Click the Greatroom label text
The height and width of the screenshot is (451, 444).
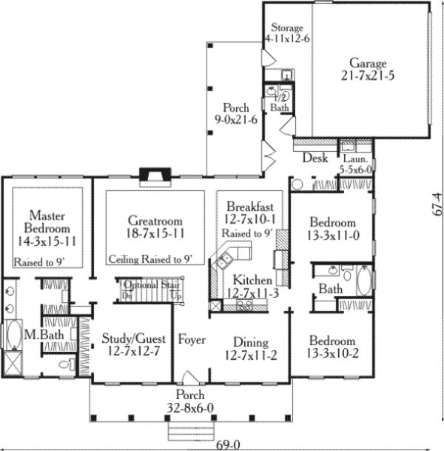(155, 227)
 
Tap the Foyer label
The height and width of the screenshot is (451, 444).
(192, 340)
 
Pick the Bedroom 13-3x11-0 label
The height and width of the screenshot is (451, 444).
(332, 229)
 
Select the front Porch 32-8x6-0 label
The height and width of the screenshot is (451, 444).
(191, 401)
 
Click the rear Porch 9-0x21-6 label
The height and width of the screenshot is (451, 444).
(234, 114)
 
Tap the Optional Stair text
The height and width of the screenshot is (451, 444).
(152, 285)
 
